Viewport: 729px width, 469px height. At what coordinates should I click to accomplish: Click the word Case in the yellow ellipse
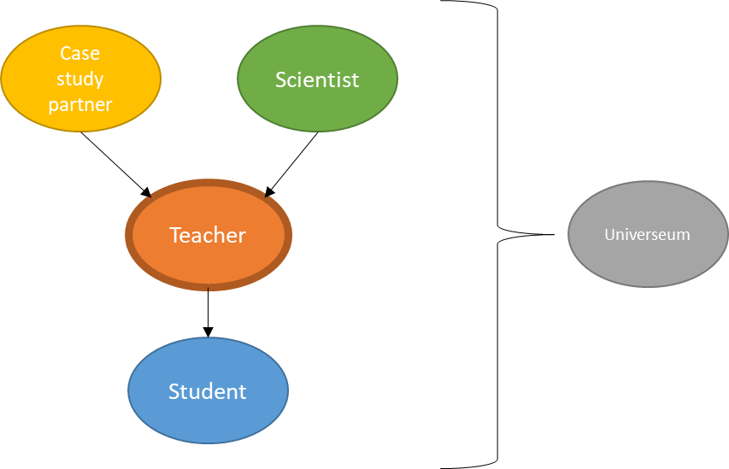pos(79,53)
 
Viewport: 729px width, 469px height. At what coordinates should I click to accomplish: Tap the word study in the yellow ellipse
pos(79,79)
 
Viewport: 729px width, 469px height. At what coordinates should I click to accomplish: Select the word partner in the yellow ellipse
pos(79,104)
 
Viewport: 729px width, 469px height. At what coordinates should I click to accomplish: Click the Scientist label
pos(317,79)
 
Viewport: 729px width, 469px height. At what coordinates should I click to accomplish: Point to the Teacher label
pos(208,235)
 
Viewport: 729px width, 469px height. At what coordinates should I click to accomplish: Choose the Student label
pos(208,391)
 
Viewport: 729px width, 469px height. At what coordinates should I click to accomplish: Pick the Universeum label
pos(647,234)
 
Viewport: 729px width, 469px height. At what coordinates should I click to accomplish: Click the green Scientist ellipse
pos(317,107)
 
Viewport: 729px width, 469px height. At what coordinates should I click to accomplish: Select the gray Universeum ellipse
pos(647,261)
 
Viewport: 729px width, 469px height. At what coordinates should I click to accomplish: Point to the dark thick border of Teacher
pos(130,235)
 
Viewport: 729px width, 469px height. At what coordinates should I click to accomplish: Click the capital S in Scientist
pos(281,79)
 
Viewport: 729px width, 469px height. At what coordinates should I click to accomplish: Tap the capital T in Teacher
pos(175,235)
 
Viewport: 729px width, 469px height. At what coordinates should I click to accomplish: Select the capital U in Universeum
pos(609,234)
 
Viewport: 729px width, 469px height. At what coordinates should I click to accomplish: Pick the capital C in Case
pos(65,53)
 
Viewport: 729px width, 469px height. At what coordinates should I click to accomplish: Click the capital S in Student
pos(173,391)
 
